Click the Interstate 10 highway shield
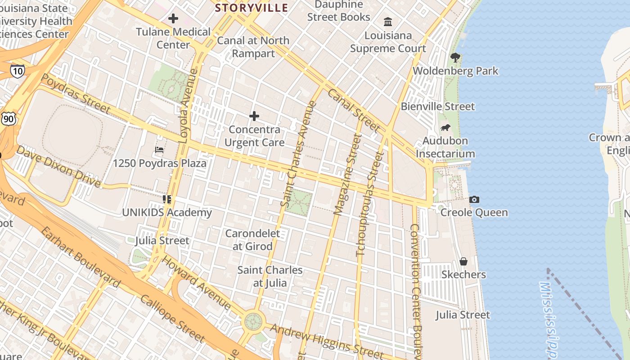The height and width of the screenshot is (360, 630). [17, 71]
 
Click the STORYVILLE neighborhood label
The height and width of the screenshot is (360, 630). [251, 8]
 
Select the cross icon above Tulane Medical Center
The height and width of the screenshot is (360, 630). [173, 18]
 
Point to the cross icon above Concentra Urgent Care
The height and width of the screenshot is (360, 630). [254, 116]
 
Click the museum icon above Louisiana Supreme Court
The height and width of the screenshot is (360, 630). [388, 22]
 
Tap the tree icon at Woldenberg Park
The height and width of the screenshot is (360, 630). [455, 57]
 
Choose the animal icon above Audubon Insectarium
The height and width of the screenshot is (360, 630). [445, 127]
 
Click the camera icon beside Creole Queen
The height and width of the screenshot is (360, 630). [474, 199]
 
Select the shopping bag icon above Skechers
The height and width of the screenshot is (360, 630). [463, 261]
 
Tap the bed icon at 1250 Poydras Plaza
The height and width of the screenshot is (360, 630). [159, 149]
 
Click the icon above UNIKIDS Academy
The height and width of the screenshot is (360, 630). [167, 199]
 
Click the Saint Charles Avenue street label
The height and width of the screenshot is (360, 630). [299, 154]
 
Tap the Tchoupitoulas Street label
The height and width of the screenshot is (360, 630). [370, 203]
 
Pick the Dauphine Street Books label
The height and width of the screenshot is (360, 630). [339, 11]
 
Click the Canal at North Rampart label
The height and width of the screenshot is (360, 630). [253, 47]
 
